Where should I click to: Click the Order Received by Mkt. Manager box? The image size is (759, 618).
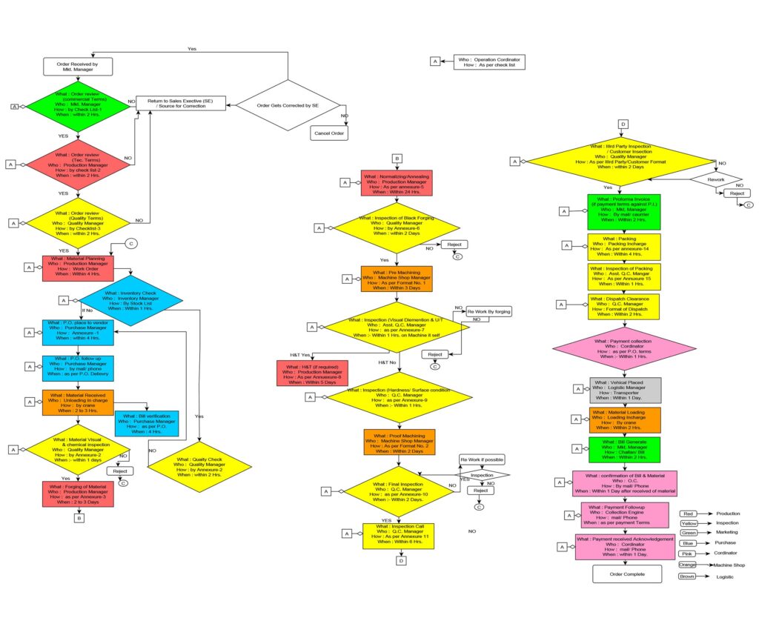(x=77, y=67)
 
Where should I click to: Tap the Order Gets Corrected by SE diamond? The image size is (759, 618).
(x=288, y=106)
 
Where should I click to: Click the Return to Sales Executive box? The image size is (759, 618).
(x=181, y=104)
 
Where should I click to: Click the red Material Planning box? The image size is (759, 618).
(x=77, y=268)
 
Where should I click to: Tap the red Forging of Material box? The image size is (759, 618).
(x=78, y=493)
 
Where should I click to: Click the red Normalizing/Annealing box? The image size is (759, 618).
(x=396, y=183)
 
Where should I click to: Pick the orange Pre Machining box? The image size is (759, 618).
(x=396, y=279)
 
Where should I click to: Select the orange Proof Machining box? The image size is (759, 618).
(x=399, y=442)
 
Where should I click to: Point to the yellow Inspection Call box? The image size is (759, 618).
(x=398, y=535)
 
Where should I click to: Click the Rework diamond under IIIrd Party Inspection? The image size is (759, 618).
(x=716, y=179)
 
